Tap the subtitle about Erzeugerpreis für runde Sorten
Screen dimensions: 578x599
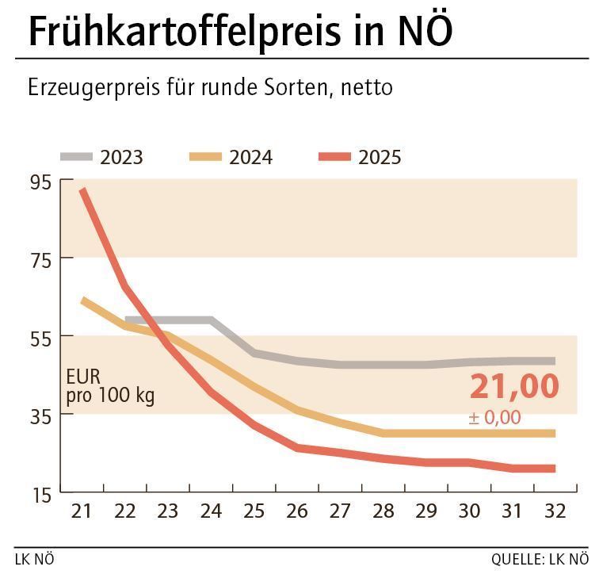tap(210, 86)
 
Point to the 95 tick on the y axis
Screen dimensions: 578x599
tap(40, 182)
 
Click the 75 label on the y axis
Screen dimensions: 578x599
tap(40, 259)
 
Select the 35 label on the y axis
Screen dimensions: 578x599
tap(40, 415)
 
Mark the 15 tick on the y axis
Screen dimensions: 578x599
tap(40, 494)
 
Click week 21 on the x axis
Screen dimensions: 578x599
tap(82, 511)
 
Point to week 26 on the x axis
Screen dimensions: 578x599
tap(297, 511)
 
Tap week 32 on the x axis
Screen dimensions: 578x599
tap(555, 511)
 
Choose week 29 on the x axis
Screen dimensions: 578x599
tap(426, 511)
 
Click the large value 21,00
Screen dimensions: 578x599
tap(514, 387)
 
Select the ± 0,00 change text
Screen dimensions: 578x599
tap(494, 417)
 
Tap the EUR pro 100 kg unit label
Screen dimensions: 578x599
tap(110, 385)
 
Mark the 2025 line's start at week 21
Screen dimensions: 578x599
tap(82, 190)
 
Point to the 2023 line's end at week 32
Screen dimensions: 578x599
tap(552, 361)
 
